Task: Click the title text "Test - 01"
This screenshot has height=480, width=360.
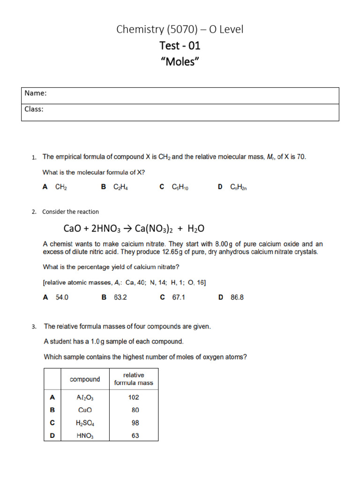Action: [x=180, y=45]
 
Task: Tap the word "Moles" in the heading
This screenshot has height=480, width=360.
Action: [x=180, y=61]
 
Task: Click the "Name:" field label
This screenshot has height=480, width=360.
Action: [x=36, y=93]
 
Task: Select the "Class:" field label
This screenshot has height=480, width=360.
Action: [x=34, y=109]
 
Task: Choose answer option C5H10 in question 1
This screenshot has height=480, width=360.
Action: [x=180, y=187]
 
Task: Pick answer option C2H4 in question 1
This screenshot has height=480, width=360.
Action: [x=120, y=187]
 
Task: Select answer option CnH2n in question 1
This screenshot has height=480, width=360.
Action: [x=238, y=187]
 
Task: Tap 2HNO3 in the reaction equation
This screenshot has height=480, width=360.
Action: [x=106, y=229]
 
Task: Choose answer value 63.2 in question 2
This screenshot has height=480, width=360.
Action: [x=120, y=297]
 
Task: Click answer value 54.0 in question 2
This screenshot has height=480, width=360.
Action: [x=62, y=297]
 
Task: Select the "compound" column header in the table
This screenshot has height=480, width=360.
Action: [x=85, y=379]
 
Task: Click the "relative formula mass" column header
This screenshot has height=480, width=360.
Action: [x=134, y=379]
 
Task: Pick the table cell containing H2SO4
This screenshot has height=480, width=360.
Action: [x=85, y=423]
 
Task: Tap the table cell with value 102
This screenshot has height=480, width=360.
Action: [x=134, y=397]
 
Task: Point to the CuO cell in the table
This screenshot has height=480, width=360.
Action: [x=85, y=410]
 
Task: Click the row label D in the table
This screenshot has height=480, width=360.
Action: [x=52, y=435]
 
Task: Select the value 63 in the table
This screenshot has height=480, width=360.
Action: [x=134, y=435]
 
